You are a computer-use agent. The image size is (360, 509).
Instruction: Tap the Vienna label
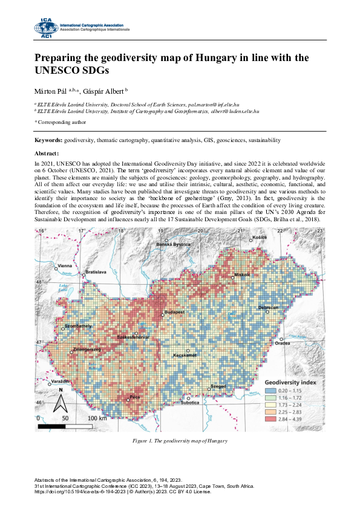click(64, 265)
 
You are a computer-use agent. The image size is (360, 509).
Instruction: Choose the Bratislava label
click(96, 273)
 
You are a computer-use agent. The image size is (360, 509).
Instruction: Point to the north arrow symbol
click(60, 399)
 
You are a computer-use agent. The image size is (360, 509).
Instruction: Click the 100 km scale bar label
click(97, 418)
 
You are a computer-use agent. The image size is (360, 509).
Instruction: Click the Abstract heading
click(47, 154)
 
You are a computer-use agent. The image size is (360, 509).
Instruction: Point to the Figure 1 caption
click(180, 441)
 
